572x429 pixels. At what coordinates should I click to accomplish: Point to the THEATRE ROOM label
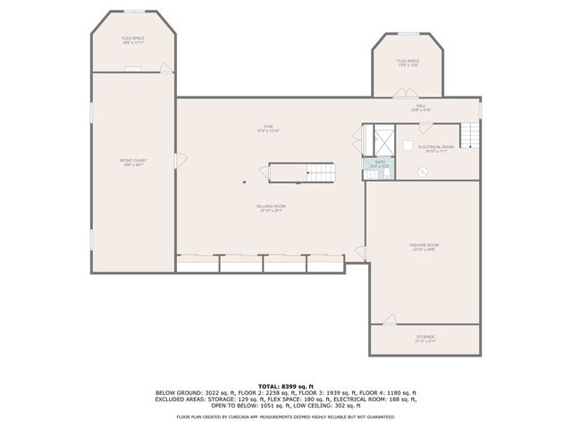click(x=425, y=245)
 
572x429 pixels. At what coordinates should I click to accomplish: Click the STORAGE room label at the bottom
click(x=425, y=337)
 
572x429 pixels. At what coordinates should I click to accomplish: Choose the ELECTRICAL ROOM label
click(x=436, y=147)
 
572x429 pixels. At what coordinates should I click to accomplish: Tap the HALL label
click(x=421, y=105)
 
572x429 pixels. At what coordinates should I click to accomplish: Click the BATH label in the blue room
click(x=379, y=162)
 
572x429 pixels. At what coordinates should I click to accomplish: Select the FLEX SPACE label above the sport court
click(x=133, y=38)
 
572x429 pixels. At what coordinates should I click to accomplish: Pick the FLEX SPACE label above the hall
click(x=408, y=61)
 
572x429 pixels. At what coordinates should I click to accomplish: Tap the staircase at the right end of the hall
click(x=473, y=136)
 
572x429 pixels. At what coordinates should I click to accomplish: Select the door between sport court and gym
click(x=181, y=161)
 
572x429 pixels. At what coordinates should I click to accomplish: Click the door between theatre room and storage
click(x=390, y=319)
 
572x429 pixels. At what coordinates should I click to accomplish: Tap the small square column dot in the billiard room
click(x=244, y=182)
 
